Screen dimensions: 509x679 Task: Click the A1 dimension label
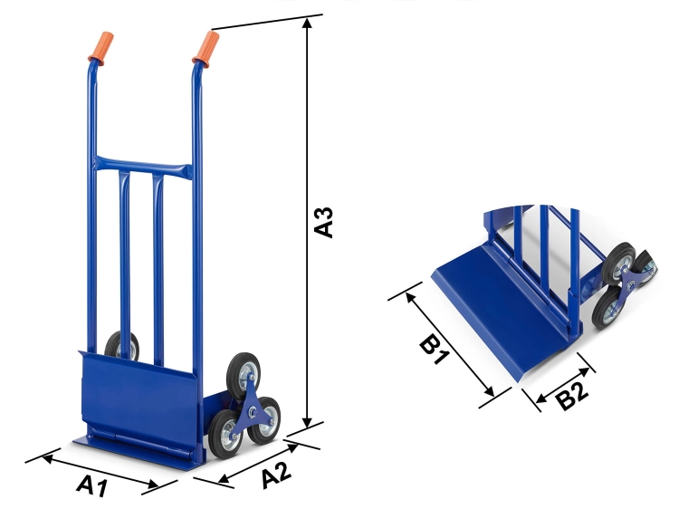click(x=91, y=486)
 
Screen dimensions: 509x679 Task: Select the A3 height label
click(x=324, y=223)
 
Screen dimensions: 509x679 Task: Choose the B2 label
click(x=572, y=395)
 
